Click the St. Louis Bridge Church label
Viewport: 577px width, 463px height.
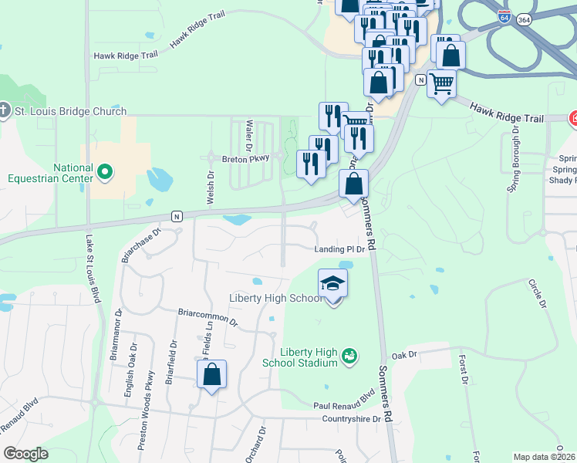70,111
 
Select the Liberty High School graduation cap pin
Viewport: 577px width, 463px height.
333,283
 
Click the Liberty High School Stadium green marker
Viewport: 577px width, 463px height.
349,355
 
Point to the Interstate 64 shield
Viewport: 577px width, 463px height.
504,18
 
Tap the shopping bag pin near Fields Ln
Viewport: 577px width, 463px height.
211,375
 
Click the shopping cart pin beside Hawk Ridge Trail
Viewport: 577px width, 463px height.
441,83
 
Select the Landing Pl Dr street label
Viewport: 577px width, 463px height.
339,249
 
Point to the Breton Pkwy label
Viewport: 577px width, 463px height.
245,157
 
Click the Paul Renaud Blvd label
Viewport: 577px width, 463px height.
343,405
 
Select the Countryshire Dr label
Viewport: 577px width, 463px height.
351,419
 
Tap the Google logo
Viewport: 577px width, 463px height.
25,454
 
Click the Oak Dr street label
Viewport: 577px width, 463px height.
403,355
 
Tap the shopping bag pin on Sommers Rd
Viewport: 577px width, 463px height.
353,184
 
